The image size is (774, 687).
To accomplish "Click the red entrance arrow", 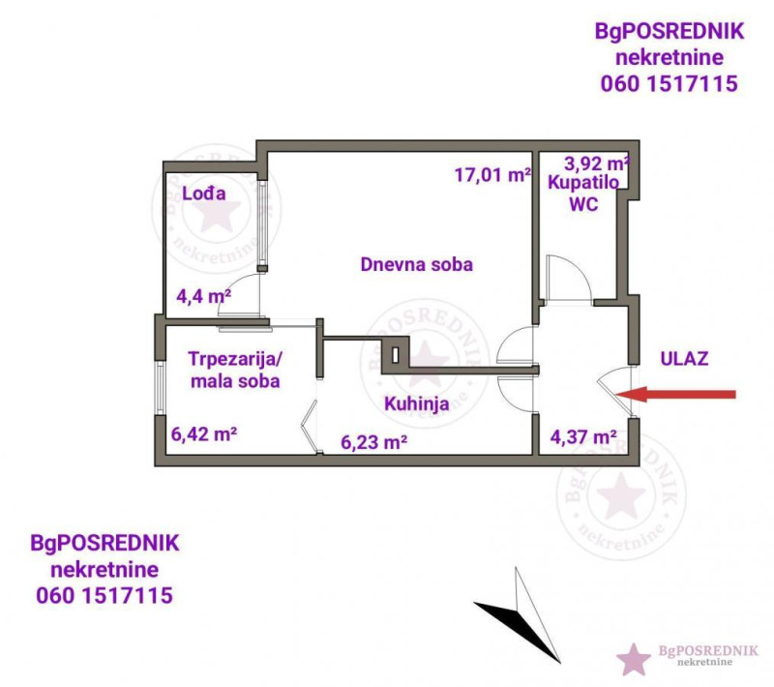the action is click(x=675, y=394).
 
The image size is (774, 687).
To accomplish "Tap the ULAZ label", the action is click(x=684, y=359).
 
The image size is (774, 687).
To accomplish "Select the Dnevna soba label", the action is click(x=417, y=264).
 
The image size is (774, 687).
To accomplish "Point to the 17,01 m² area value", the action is click(x=492, y=175).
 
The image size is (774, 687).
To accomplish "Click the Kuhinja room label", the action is click(x=417, y=404).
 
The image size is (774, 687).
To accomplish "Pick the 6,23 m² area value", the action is click(x=373, y=442).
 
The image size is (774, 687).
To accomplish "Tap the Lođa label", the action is click(x=204, y=194).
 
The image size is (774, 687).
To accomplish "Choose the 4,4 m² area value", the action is click(x=204, y=297).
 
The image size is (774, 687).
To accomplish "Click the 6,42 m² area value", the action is click(x=204, y=434).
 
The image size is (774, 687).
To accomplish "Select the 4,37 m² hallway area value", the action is click(x=583, y=437).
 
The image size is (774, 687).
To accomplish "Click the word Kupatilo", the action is click(x=583, y=183).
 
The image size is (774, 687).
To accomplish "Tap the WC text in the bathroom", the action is click(x=583, y=204).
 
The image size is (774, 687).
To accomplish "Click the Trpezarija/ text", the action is click(x=234, y=359).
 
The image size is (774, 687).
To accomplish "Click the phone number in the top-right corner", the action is click(x=669, y=84).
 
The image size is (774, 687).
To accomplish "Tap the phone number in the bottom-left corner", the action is click(x=104, y=596).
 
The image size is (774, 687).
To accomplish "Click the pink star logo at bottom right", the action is click(x=634, y=659).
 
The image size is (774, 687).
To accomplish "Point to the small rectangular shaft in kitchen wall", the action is click(x=395, y=355).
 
